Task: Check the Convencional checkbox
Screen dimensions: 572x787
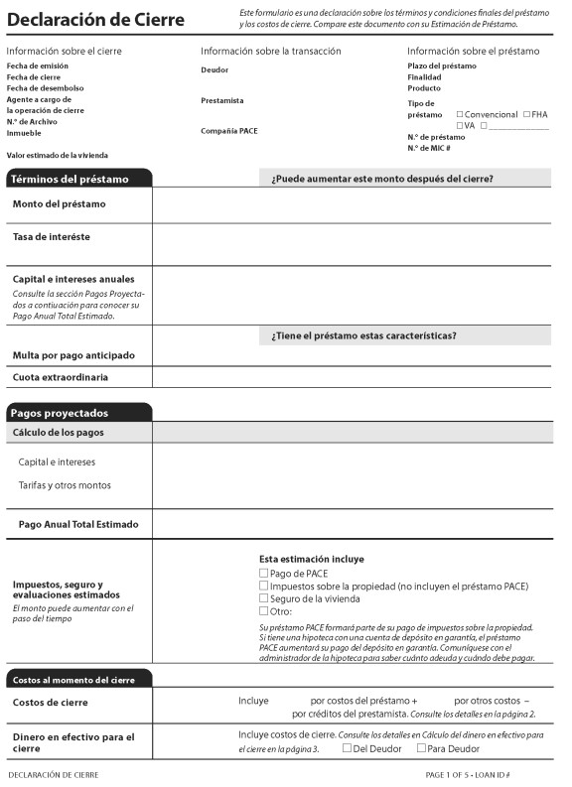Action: point(460,114)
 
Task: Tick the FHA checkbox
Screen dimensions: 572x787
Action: point(526,114)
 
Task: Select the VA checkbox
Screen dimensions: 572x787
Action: point(460,125)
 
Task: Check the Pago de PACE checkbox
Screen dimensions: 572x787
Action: point(263,573)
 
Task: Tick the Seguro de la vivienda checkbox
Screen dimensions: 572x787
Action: point(263,598)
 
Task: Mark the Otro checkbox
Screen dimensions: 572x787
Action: point(263,611)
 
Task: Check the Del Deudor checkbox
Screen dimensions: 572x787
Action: point(347,748)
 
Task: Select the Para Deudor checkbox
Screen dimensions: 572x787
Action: point(422,748)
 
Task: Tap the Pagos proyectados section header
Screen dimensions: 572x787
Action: point(60,413)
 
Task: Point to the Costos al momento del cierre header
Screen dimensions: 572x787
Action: point(72,680)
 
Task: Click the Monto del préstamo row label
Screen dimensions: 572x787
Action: point(59,203)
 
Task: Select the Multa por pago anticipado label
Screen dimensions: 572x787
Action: point(73,355)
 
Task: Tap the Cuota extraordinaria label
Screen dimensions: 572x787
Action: point(61,377)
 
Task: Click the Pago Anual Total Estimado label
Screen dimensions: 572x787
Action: point(78,524)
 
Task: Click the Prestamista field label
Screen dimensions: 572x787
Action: point(221,100)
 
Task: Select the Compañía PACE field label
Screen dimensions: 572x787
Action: point(228,131)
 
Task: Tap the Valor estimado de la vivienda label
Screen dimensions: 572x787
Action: point(57,155)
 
